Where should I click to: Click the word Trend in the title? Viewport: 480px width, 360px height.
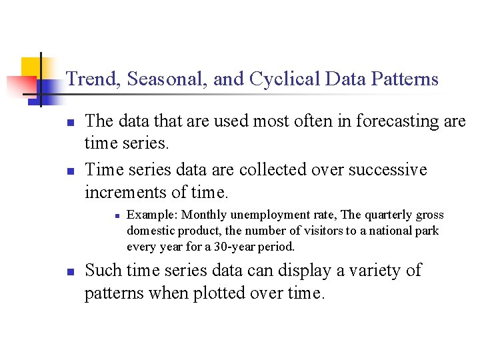pos(92,79)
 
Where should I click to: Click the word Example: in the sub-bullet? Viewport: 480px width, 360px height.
pos(153,215)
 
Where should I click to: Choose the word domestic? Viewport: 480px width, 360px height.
pos(149,231)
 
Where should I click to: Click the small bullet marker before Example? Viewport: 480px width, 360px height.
pos(116,215)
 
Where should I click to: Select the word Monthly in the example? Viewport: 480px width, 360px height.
pos(205,215)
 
